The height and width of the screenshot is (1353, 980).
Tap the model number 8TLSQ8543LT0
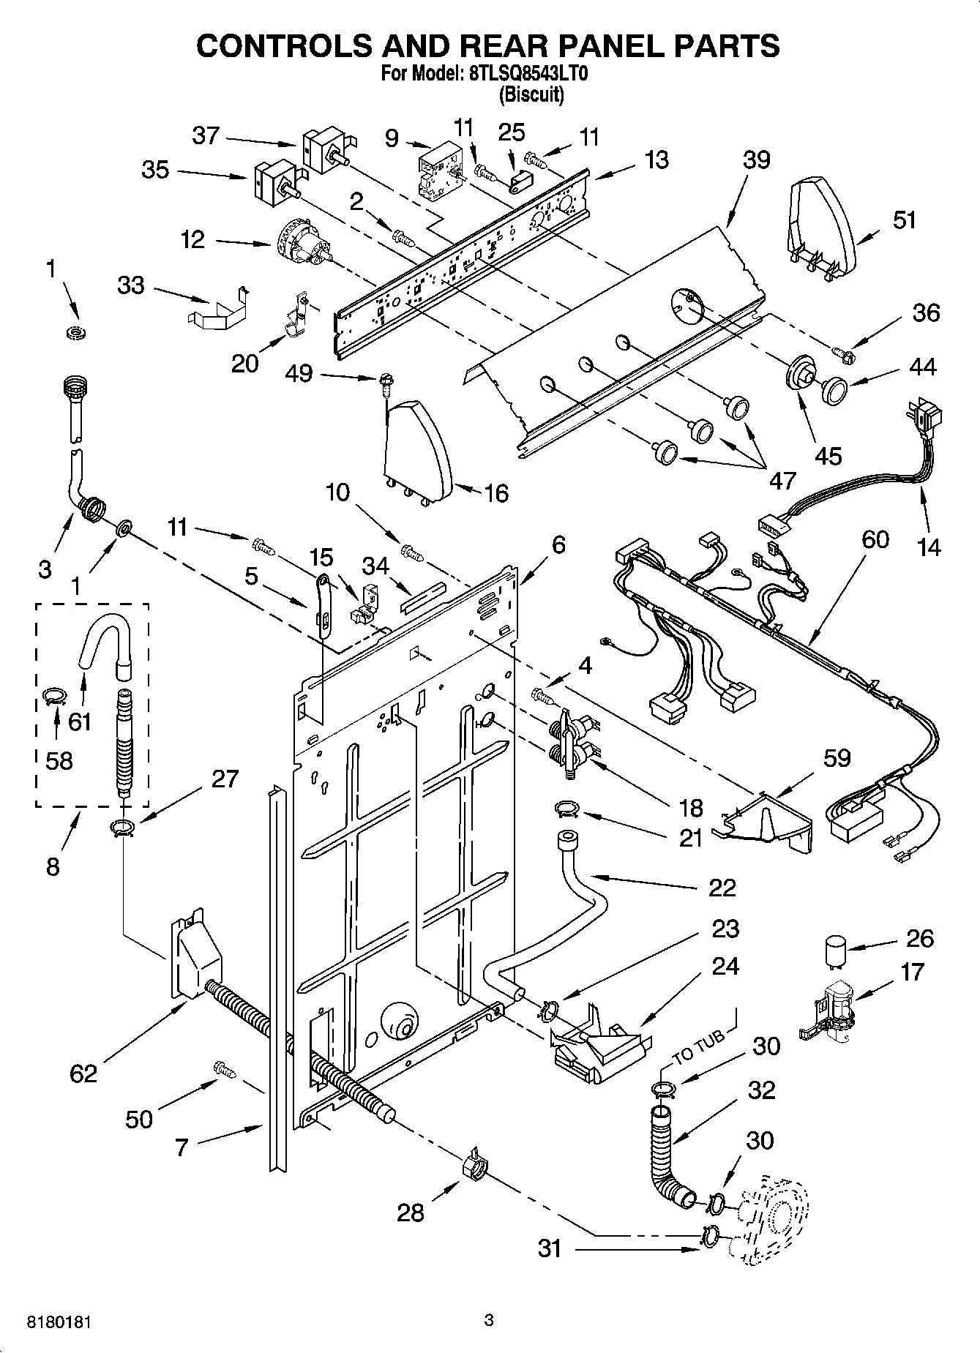(x=528, y=74)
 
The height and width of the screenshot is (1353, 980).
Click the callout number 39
(x=756, y=160)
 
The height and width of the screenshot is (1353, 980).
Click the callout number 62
(x=83, y=1073)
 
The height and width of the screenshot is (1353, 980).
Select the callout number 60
(x=875, y=539)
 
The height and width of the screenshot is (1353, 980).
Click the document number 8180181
(x=61, y=1322)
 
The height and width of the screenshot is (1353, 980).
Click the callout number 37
(x=206, y=135)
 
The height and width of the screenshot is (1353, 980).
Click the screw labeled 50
(x=222, y=1069)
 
